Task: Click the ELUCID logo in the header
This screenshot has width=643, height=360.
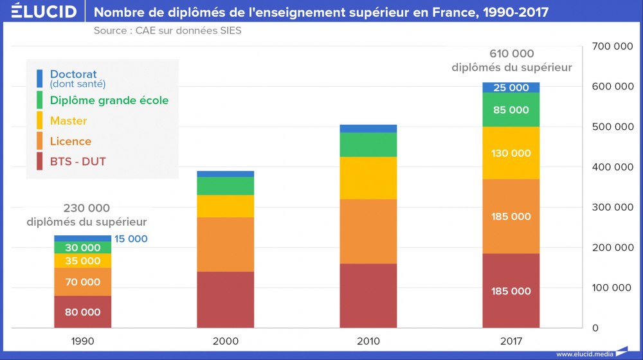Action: click(44, 12)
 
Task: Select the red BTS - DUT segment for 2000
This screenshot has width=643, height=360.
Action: click(226, 300)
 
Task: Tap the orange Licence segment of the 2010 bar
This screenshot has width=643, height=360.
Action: click(368, 231)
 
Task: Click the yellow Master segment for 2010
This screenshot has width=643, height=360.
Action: click(368, 178)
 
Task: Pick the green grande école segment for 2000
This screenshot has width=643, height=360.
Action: click(226, 186)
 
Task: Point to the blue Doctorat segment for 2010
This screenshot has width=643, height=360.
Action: click(368, 129)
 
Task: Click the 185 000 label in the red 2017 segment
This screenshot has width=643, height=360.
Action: click(511, 291)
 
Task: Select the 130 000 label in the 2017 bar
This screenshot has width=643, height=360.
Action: click(511, 153)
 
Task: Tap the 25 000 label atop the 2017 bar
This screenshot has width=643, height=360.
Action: click(511, 87)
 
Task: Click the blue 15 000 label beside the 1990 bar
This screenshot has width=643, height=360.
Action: click(131, 239)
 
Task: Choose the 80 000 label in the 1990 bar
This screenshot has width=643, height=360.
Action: click(82, 312)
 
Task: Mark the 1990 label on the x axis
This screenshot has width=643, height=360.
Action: click(82, 341)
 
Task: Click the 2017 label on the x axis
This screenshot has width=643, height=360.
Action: click(511, 341)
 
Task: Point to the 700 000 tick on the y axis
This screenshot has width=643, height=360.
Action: click(611, 46)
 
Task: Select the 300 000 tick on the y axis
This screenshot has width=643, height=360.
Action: click(611, 207)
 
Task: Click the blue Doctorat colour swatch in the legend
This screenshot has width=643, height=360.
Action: click(40, 78)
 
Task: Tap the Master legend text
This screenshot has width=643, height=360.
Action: click(68, 121)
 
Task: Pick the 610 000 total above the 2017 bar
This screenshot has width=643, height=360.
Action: click(512, 54)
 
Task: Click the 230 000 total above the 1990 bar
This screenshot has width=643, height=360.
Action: click(87, 208)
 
